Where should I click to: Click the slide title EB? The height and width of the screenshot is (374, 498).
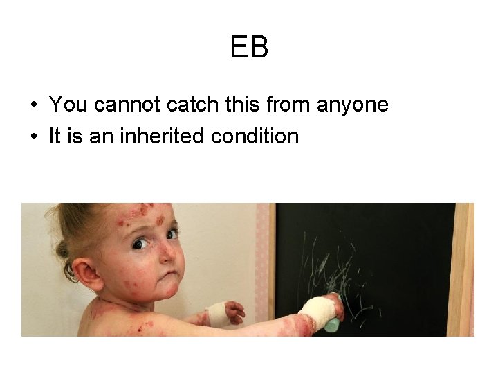coord(248,48)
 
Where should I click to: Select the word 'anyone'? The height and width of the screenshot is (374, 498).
coord(352,105)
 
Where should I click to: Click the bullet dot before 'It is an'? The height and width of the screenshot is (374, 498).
coord(33,137)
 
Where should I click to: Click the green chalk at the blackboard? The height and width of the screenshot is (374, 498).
coord(332,323)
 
